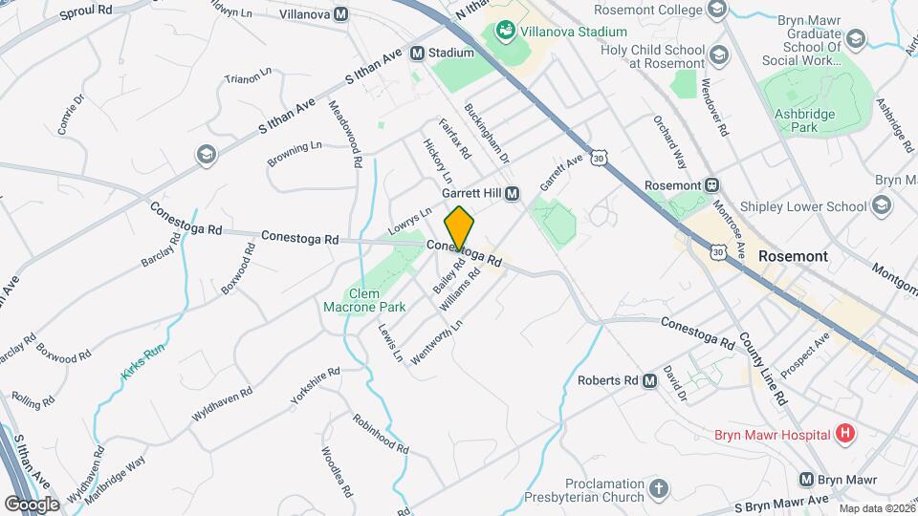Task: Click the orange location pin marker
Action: [x=459, y=227]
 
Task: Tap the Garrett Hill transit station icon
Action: [x=512, y=193]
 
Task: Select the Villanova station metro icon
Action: [x=341, y=14]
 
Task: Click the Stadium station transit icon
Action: [x=417, y=54]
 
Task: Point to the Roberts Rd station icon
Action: [x=649, y=380]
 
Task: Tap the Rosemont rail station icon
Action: [x=711, y=185]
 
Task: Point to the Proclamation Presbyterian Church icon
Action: [x=658, y=490]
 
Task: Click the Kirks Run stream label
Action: [x=143, y=362]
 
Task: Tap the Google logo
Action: [x=33, y=504]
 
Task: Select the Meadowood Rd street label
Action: [x=344, y=135]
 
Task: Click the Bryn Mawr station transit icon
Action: [x=807, y=480]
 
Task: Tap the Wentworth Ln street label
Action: [x=436, y=341]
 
